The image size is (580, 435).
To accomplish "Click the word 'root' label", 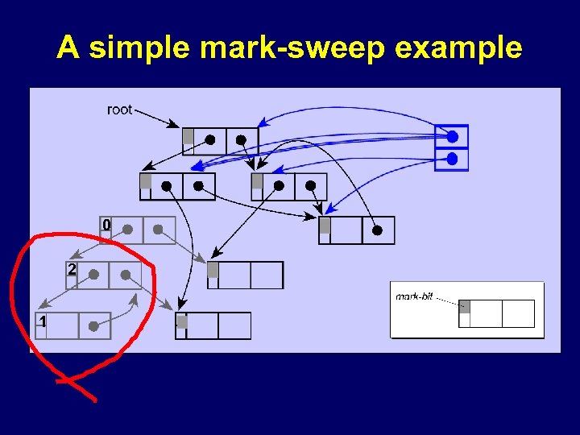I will click(x=119, y=110).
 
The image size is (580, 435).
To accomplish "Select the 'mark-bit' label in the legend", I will click(x=414, y=296).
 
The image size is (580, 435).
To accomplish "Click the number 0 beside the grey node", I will click(x=106, y=224).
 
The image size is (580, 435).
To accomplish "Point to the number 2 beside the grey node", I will click(x=72, y=269).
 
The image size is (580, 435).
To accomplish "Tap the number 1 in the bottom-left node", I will click(x=42, y=321).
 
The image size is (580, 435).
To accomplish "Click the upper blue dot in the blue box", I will click(x=452, y=136).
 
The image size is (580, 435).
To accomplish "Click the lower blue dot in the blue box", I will click(x=452, y=159).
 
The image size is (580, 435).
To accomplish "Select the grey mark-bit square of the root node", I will click(x=188, y=136).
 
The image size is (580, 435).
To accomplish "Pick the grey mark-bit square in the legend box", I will click(x=464, y=305).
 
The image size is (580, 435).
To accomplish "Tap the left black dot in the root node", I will click(x=210, y=140).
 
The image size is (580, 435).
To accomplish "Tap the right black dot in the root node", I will click(x=241, y=140).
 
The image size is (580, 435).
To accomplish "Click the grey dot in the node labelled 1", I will click(x=93, y=326).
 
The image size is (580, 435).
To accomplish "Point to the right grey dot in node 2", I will click(x=126, y=275).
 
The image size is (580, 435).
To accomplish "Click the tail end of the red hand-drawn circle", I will click(x=95, y=400).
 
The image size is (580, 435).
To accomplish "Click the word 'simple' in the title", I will click(x=140, y=48).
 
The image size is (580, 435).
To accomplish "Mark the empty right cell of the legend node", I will click(x=518, y=313).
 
